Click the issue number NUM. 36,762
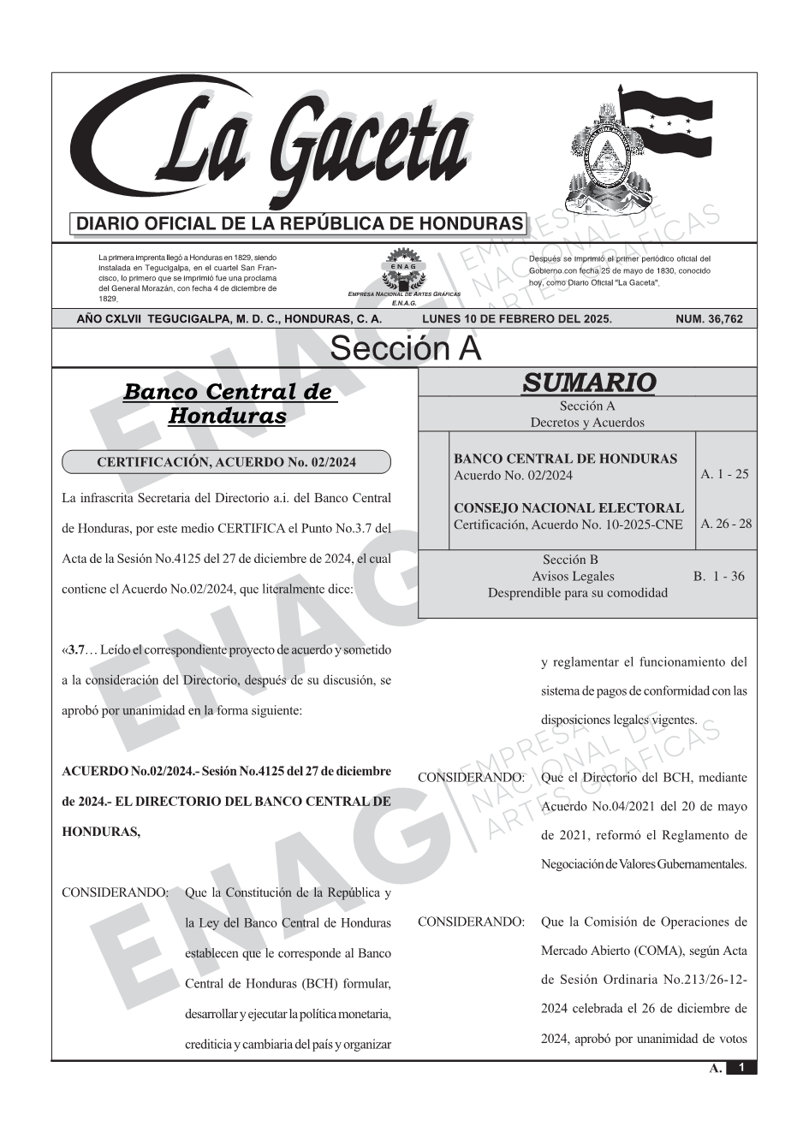[x=709, y=319]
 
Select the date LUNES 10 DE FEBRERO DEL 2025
[x=516, y=319]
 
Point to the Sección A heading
[x=405, y=349]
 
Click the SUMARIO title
[x=588, y=382]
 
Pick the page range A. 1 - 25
[x=724, y=474]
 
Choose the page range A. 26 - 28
[x=726, y=524]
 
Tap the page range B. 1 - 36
[x=718, y=576]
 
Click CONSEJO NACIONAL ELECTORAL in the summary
[x=568, y=508]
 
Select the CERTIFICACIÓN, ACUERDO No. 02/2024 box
[x=226, y=463]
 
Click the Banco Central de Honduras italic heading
[x=227, y=404]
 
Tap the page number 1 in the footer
[x=741, y=1068]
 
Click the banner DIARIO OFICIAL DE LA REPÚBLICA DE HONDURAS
[x=300, y=224]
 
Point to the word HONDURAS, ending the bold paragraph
[x=101, y=831]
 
